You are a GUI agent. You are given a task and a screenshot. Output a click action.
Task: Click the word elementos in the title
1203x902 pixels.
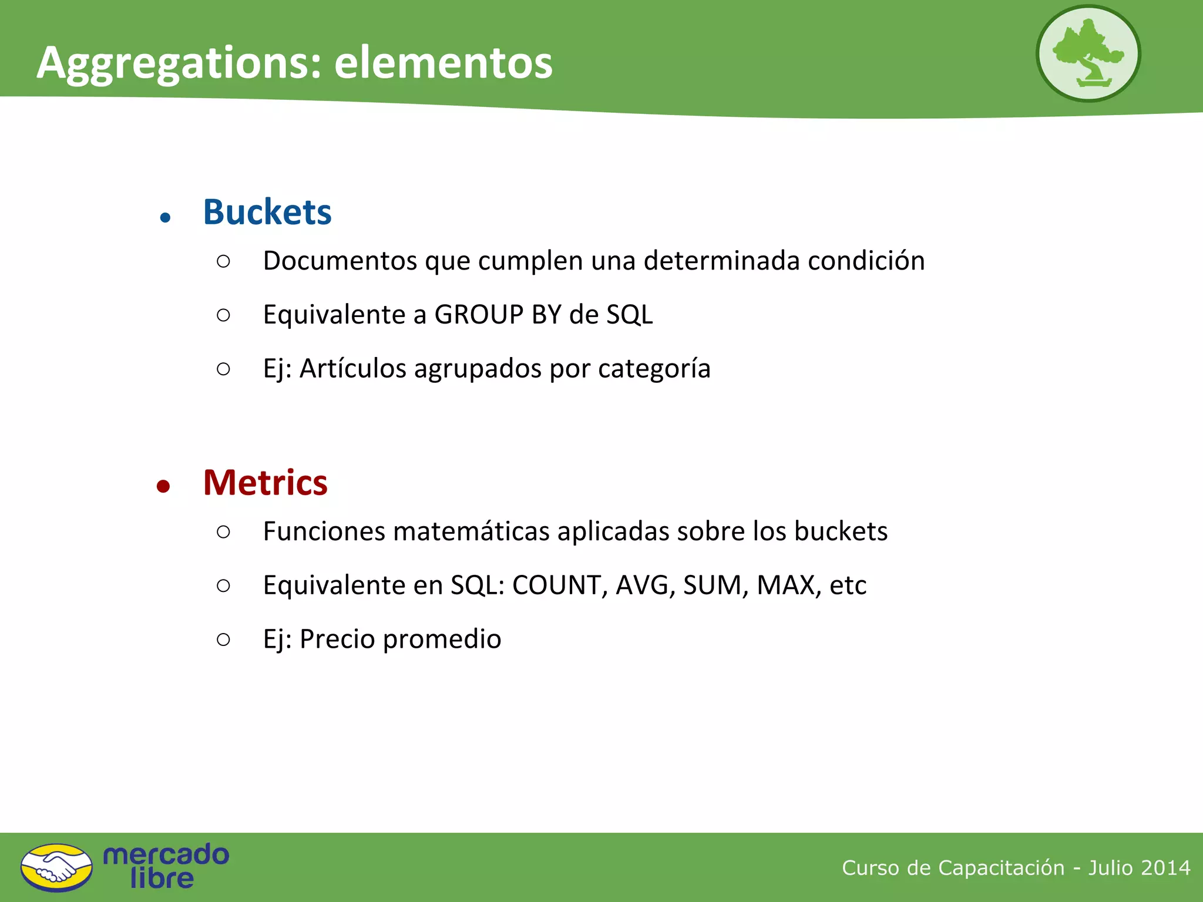(x=443, y=62)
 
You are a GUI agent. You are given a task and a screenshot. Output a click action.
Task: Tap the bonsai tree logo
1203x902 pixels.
(x=1088, y=53)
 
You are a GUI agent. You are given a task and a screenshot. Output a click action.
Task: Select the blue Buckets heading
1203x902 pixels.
(x=267, y=212)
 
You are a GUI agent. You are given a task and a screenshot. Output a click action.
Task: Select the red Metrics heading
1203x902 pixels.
(x=265, y=483)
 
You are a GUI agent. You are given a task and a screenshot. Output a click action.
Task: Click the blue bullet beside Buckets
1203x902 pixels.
(x=165, y=218)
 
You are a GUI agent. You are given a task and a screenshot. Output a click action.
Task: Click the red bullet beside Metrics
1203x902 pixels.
(x=163, y=486)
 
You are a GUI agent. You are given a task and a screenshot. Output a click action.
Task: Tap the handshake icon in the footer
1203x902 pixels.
(x=56, y=867)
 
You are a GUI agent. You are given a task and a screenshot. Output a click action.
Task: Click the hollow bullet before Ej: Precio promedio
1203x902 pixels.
(x=223, y=639)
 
